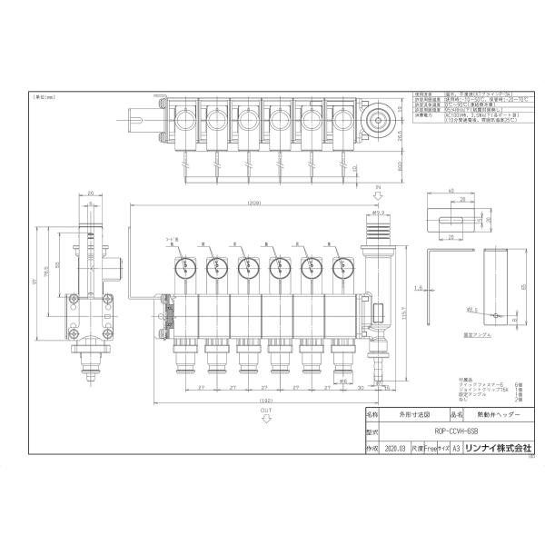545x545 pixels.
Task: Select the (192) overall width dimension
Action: click(265, 401)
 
